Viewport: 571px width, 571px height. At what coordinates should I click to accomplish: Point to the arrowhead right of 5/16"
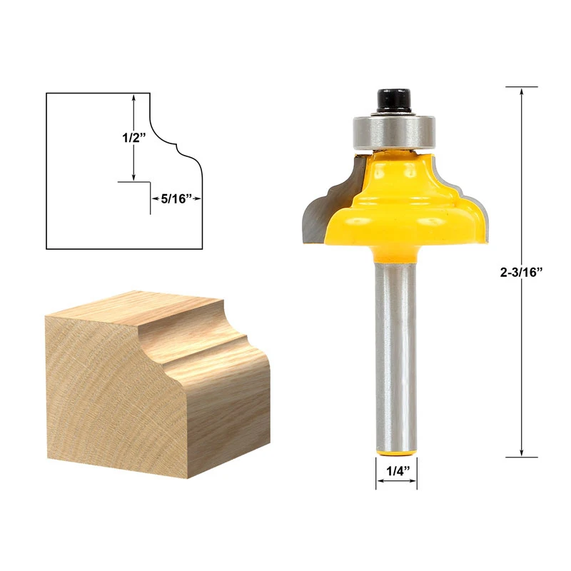click(x=198, y=200)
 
